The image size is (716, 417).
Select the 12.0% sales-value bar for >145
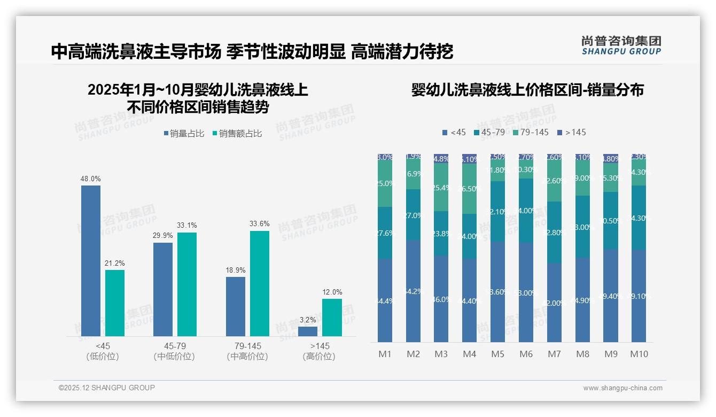click(332, 318)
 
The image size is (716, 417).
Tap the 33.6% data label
click(260, 224)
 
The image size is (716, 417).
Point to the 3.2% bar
click(308, 331)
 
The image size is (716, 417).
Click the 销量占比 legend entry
click(183, 134)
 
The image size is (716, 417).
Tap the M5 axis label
click(497, 354)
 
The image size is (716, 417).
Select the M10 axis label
click(639, 354)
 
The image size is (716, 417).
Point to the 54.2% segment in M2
click(413, 291)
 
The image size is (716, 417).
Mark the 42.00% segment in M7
click(554, 303)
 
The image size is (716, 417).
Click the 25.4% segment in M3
click(441, 187)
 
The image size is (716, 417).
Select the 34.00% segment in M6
click(526, 211)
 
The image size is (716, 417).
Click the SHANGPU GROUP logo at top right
click(621, 45)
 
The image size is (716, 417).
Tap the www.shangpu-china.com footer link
click(622, 388)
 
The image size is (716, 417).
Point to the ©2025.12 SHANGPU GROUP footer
click(107, 388)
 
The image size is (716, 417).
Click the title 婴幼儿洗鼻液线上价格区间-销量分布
click(527, 90)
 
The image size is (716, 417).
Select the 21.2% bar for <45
click(115, 303)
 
